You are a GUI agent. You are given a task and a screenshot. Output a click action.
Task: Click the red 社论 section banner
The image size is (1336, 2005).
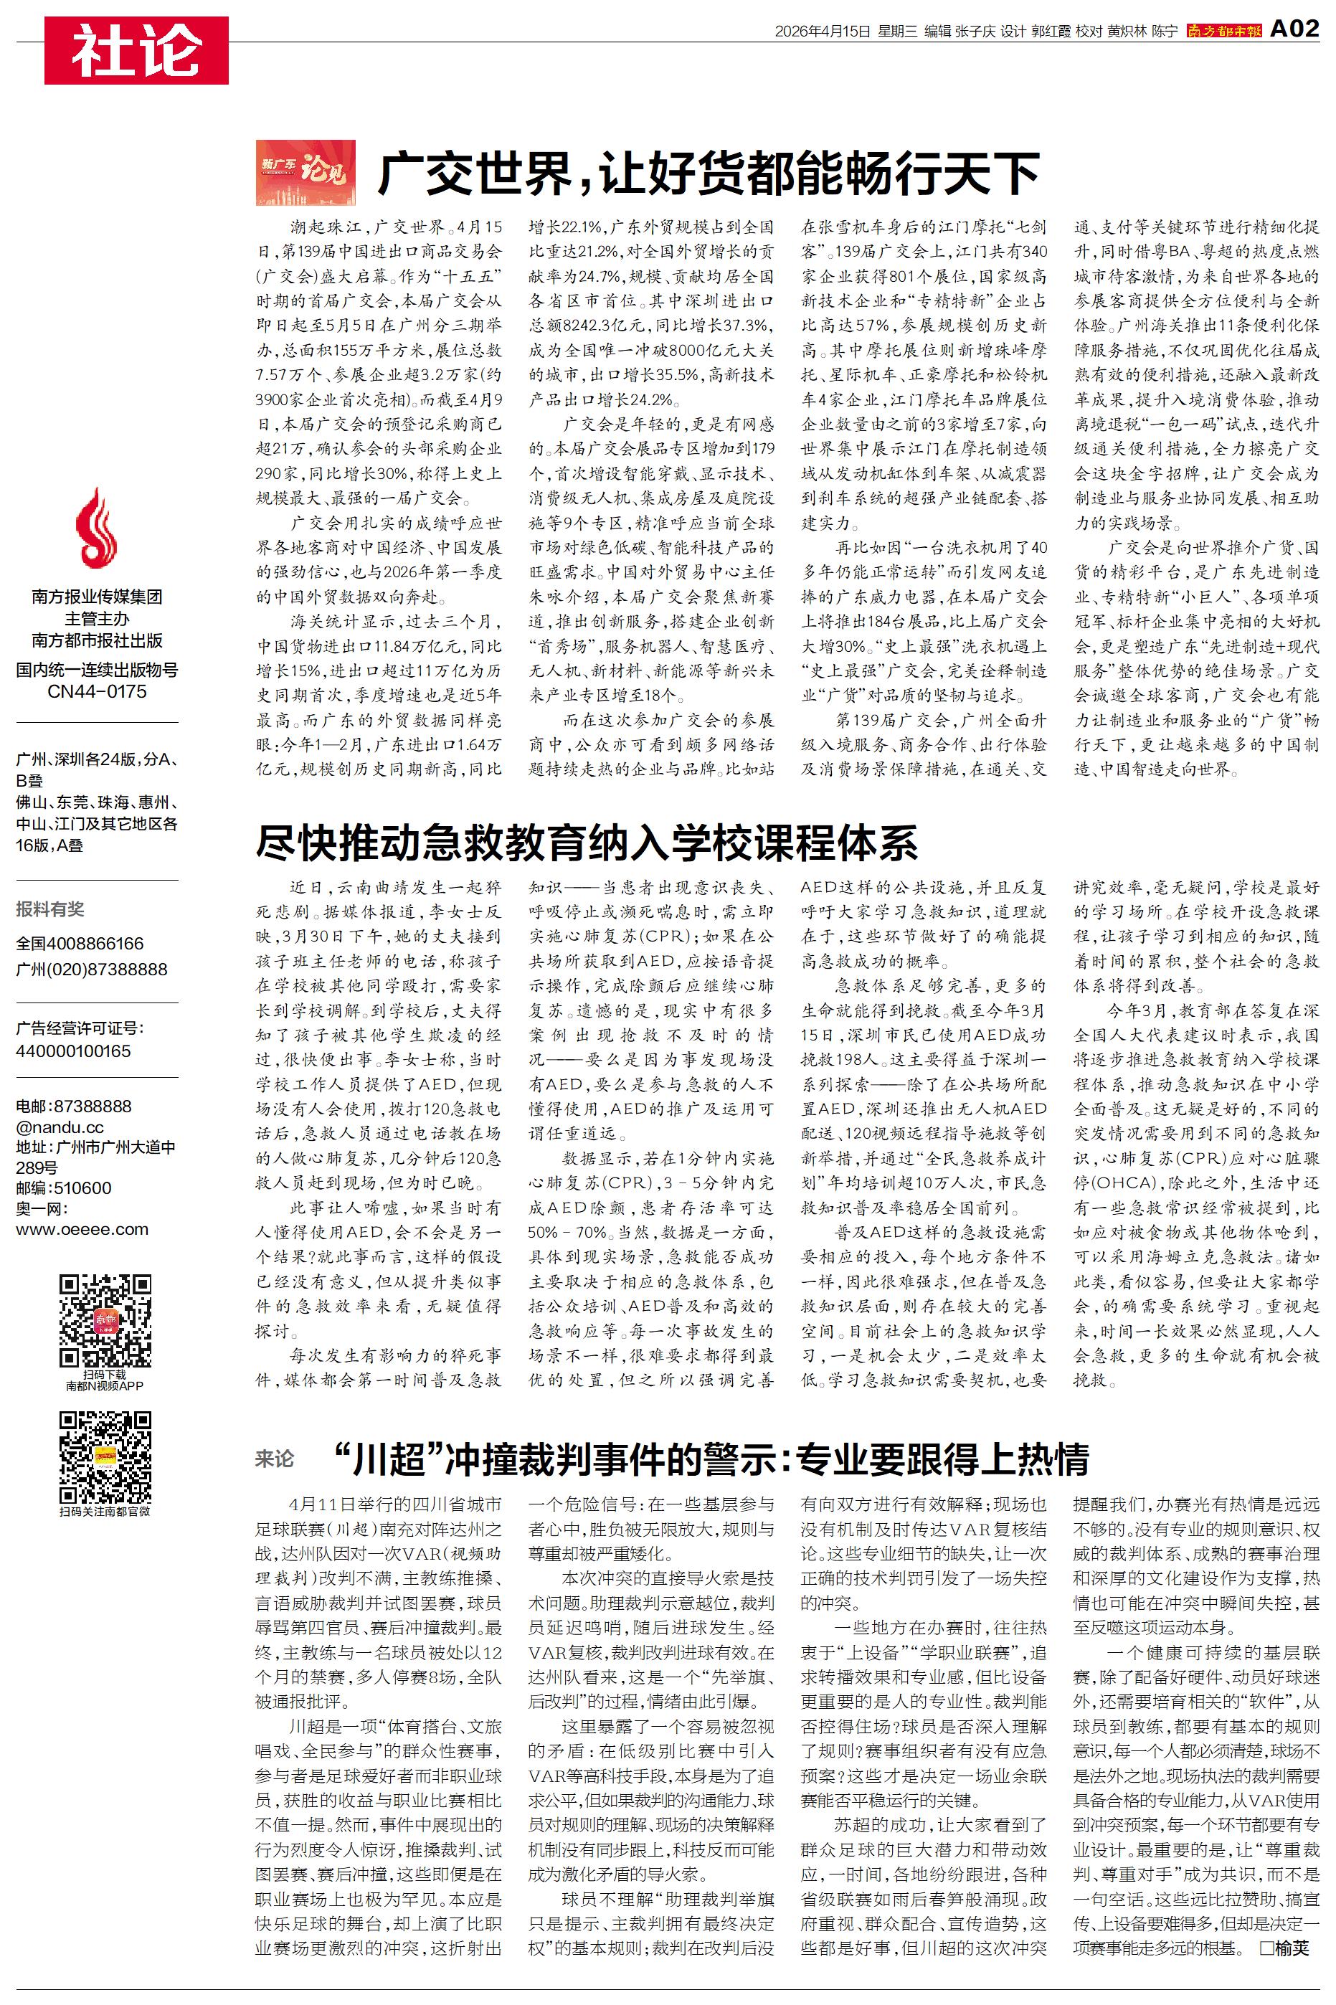(136, 50)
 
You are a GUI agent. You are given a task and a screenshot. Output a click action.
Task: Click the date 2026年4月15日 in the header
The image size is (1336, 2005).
(823, 32)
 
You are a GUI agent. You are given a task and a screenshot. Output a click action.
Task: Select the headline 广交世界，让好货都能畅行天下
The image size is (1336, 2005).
(708, 174)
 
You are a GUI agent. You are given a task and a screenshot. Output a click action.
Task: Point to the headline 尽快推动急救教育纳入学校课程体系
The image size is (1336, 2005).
(586, 843)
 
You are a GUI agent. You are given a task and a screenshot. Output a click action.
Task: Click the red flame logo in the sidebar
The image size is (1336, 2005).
(96, 529)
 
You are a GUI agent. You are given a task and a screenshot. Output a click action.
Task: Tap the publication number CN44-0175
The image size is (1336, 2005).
(97, 691)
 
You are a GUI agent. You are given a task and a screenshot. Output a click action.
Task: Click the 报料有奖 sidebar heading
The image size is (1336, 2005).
(50, 909)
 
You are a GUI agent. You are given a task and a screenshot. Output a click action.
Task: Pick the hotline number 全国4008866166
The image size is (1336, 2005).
(80, 944)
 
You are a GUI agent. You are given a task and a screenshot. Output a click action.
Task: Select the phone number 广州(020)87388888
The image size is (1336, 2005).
(92, 970)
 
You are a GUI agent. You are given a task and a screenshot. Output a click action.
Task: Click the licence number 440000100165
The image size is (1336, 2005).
(73, 1051)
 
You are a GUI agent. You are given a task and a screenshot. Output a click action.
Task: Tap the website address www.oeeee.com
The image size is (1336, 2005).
(82, 1229)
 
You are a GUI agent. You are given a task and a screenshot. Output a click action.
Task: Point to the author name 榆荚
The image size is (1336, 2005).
(1292, 1947)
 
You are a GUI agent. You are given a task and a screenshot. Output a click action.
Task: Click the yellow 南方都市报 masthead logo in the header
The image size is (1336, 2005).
(1224, 31)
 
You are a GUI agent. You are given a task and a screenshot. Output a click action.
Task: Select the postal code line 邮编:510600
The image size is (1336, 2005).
(64, 1188)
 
